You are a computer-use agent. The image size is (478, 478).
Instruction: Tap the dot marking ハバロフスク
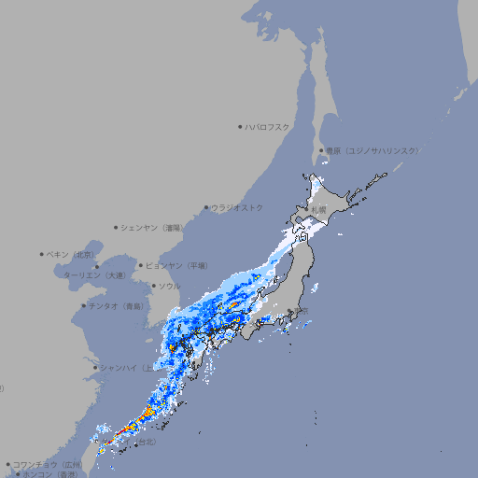tap(240, 126)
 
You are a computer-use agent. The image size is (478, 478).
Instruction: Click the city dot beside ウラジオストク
tap(206, 208)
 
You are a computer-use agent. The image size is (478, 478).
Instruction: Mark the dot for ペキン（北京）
tap(42, 254)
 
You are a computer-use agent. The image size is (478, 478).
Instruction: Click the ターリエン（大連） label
tap(93, 275)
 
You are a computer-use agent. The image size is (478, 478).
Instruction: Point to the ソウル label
tap(169, 286)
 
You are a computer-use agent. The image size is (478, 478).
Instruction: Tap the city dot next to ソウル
tap(152, 286)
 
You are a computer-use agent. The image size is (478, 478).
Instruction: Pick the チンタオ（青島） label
tap(117, 305)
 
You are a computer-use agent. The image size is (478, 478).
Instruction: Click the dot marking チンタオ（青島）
tap(83, 305)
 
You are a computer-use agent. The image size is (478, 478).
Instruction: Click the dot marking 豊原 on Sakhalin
tap(320, 150)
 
